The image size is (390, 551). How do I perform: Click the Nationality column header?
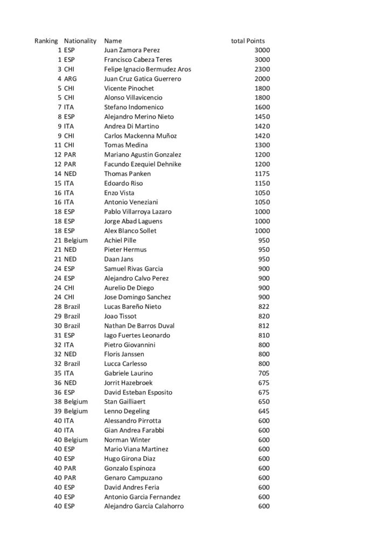[x=80, y=41]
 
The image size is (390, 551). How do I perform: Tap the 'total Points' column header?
[x=248, y=41]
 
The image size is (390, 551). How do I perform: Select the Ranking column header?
[x=46, y=41]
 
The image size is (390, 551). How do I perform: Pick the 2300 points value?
[x=262, y=69]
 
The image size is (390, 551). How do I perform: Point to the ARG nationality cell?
[x=69, y=79]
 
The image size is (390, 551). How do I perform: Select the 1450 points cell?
[x=262, y=117]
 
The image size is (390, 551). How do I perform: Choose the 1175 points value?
[x=262, y=174]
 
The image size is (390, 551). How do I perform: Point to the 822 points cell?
[x=264, y=307]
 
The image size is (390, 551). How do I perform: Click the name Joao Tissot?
[x=120, y=316]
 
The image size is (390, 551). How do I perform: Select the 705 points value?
[x=264, y=373]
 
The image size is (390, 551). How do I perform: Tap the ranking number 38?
[x=58, y=401]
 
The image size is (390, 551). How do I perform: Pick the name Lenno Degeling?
[x=127, y=411]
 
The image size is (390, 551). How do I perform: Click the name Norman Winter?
[x=126, y=440]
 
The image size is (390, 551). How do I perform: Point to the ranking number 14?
[x=58, y=174]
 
